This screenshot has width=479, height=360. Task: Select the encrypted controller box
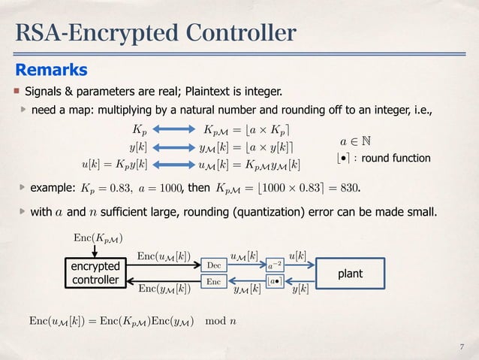coord(95,274)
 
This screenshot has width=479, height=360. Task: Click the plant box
coord(348,274)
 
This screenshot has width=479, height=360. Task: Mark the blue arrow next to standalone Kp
coord(179,129)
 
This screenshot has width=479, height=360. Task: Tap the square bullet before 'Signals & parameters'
coord(16,92)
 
